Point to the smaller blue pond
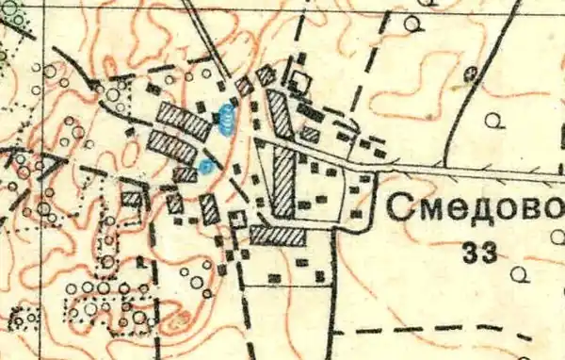click(x=205, y=167)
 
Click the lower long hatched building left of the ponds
click(x=172, y=146)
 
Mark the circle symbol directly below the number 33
click(x=516, y=273)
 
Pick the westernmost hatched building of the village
click(x=131, y=199)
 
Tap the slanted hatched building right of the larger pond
click(x=280, y=113)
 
